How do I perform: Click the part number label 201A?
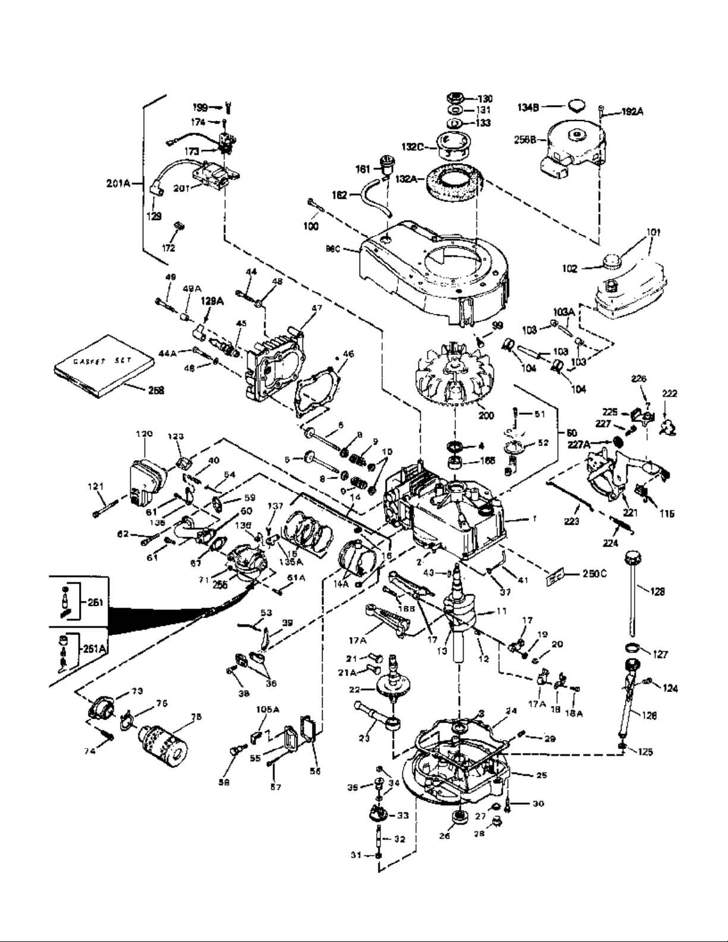point(117,183)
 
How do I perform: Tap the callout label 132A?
point(406,178)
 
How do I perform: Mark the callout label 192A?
point(632,111)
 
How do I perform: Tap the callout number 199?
point(200,108)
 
